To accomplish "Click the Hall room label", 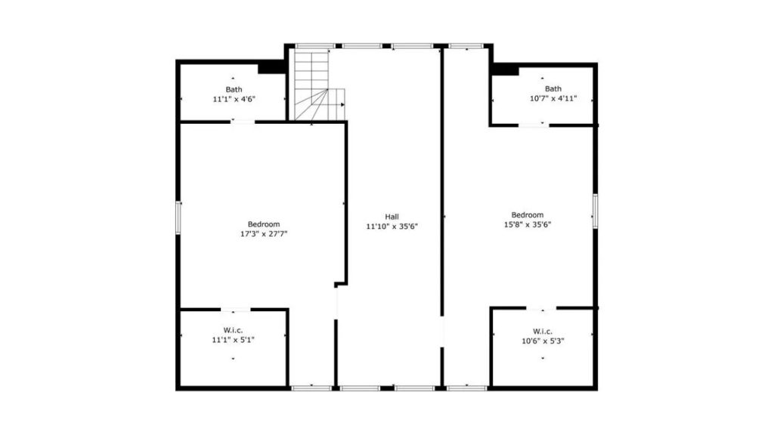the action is (392, 217).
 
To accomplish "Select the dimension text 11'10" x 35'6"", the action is (392, 227).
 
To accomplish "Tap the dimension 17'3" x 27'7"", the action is (264, 234).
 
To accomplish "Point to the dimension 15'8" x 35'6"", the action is (527, 224).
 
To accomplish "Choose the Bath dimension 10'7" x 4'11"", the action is (553, 98).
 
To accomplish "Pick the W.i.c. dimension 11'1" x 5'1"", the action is (234, 340).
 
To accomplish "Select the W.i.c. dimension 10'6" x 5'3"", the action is (543, 341).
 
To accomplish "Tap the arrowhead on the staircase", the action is (342, 104).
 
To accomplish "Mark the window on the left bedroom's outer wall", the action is (178, 217).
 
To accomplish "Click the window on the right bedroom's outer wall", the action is (596, 211).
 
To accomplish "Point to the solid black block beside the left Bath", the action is (271, 67).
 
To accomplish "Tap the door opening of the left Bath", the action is (243, 122).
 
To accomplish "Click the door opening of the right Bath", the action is (534, 125).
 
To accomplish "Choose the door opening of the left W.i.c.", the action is (236, 310).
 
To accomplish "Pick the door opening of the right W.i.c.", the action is (541, 308).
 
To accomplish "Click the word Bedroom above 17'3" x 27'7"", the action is (264, 224).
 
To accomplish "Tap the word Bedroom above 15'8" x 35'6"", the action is (527, 215).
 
